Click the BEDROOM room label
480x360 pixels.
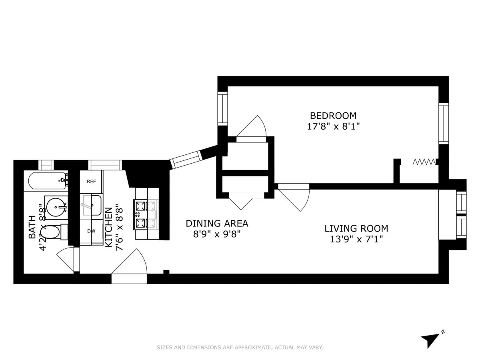(x=333, y=116)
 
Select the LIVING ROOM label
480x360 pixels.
(x=356, y=228)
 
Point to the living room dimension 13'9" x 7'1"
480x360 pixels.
(x=356, y=239)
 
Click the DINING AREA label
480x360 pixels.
(x=217, y=223)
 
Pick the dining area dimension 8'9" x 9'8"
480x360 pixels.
(x=217, y=234)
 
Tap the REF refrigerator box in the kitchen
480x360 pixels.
(x=91, y=182)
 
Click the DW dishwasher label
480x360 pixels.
(x=91, y=231)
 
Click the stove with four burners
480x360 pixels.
(x=146, y=214)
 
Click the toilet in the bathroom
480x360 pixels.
(x=58, y=232)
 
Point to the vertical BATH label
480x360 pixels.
(x=32, y=227)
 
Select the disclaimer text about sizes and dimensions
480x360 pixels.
(x=240, y=348)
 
